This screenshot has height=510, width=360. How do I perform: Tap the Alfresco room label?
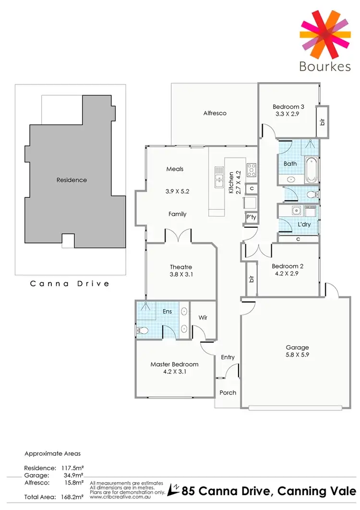(215, 113)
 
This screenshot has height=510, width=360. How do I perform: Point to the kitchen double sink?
(219, 176)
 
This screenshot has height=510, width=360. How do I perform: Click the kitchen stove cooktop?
(252, 170)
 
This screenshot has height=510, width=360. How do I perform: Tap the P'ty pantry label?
(251, 217)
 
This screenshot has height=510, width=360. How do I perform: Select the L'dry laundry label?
(304, 224)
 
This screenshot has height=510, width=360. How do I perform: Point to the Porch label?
(228, 392)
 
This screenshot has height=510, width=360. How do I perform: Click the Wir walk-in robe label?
(203, 317)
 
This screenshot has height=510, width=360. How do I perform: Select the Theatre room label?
(181, 267)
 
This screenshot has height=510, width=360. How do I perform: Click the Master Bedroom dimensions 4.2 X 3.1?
(174, 371)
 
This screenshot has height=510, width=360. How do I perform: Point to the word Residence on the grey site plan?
(72, 180)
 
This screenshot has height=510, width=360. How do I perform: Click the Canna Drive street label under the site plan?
(70, 283)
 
